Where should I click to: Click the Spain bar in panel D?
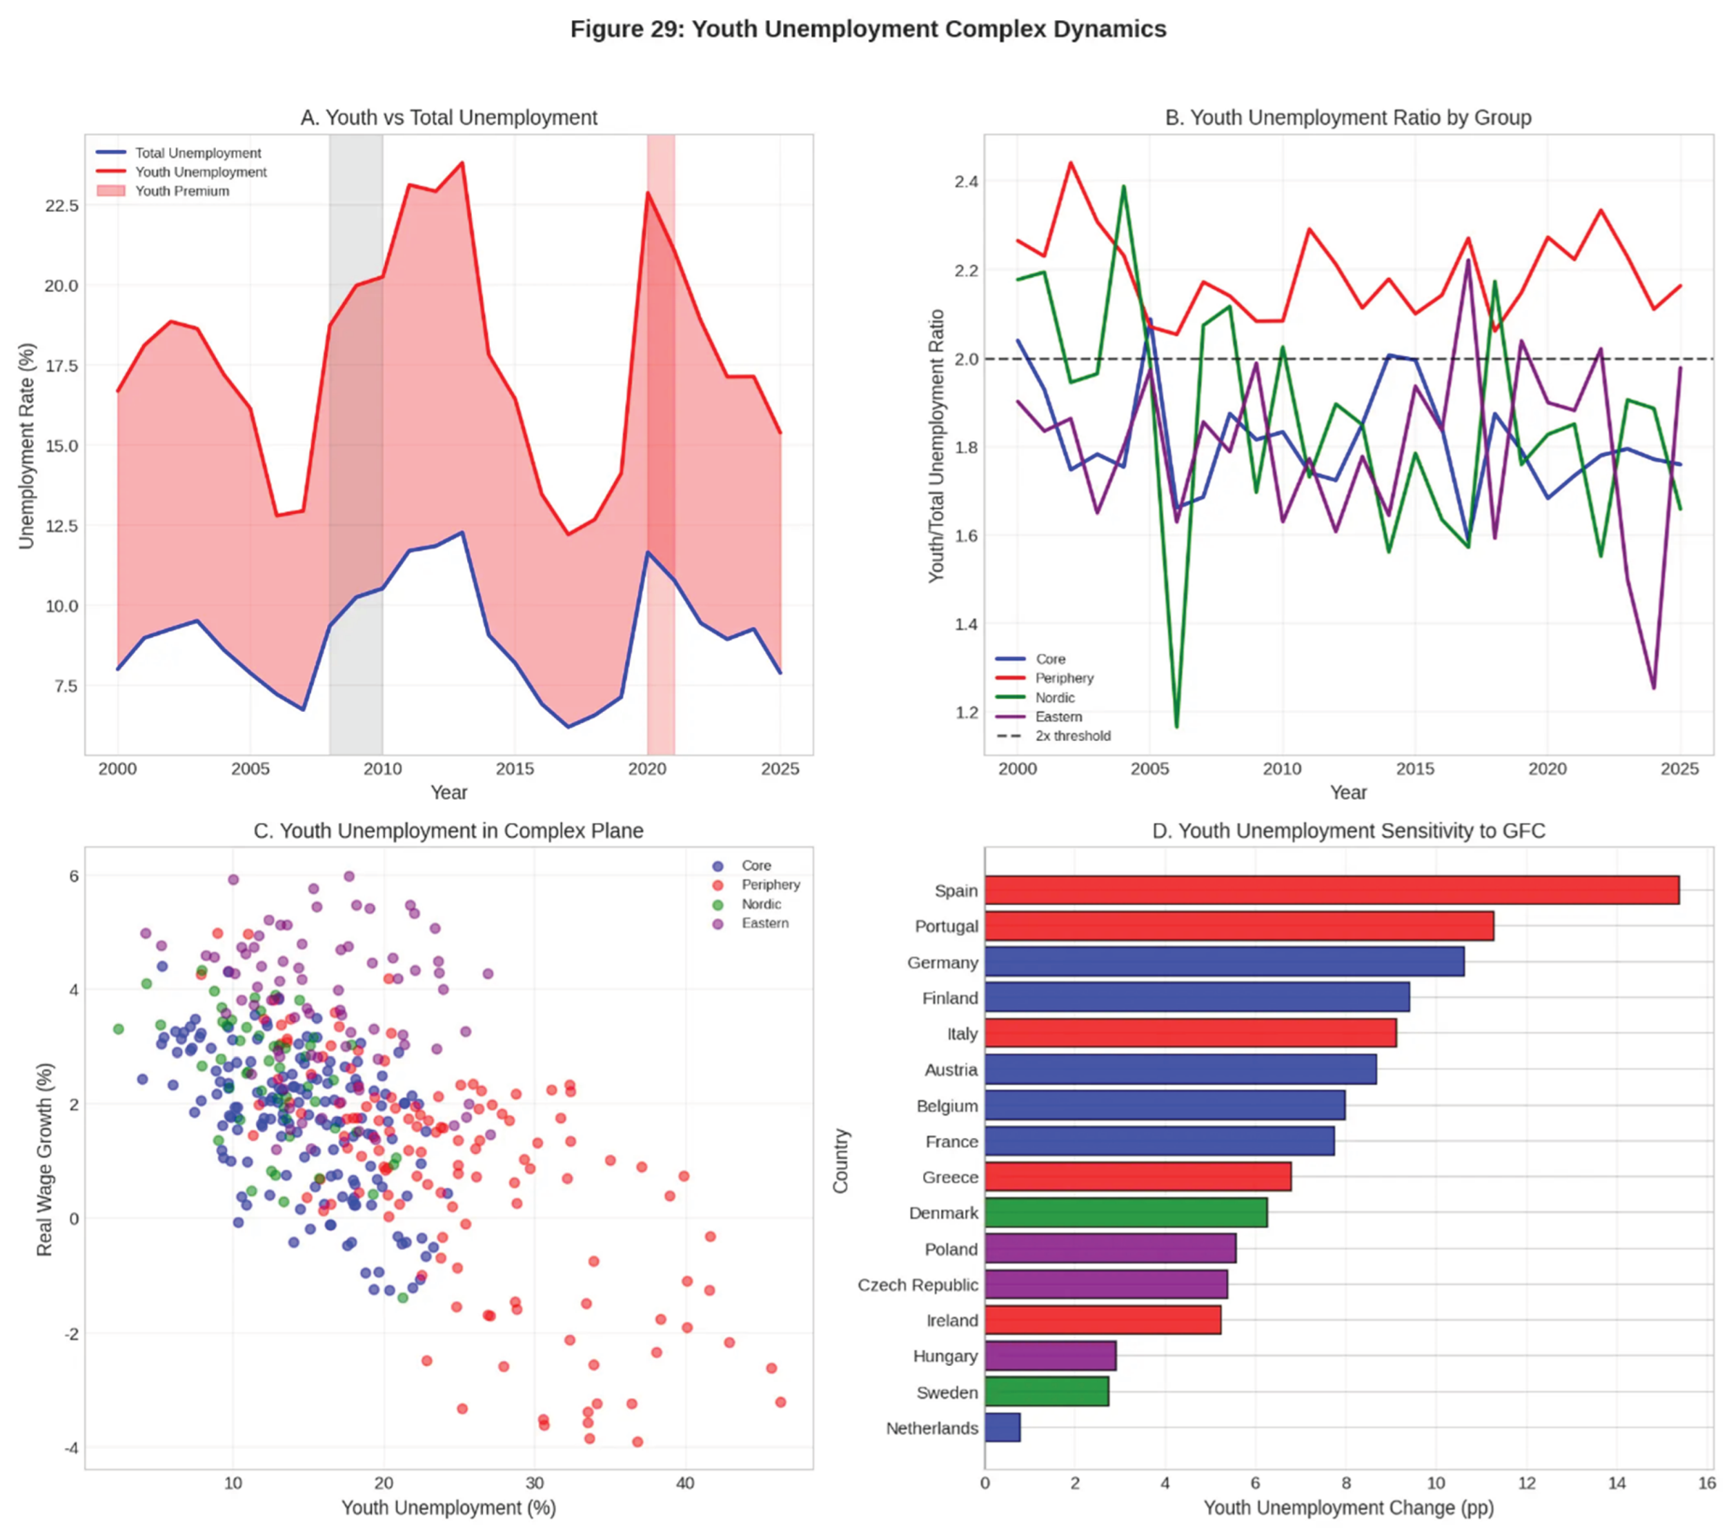[1331, 890]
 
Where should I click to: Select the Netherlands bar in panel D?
[1002, 1427]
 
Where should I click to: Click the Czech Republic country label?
[917, 1284]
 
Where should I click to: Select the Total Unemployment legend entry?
[198, 153]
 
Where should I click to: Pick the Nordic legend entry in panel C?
[761, 904]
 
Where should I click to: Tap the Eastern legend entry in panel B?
[1058, 716]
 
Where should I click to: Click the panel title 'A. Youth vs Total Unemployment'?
[449, 118]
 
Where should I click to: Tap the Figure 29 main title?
[868, 30]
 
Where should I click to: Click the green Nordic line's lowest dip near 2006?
[1176, 725]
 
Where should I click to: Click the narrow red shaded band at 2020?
[661, 423]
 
